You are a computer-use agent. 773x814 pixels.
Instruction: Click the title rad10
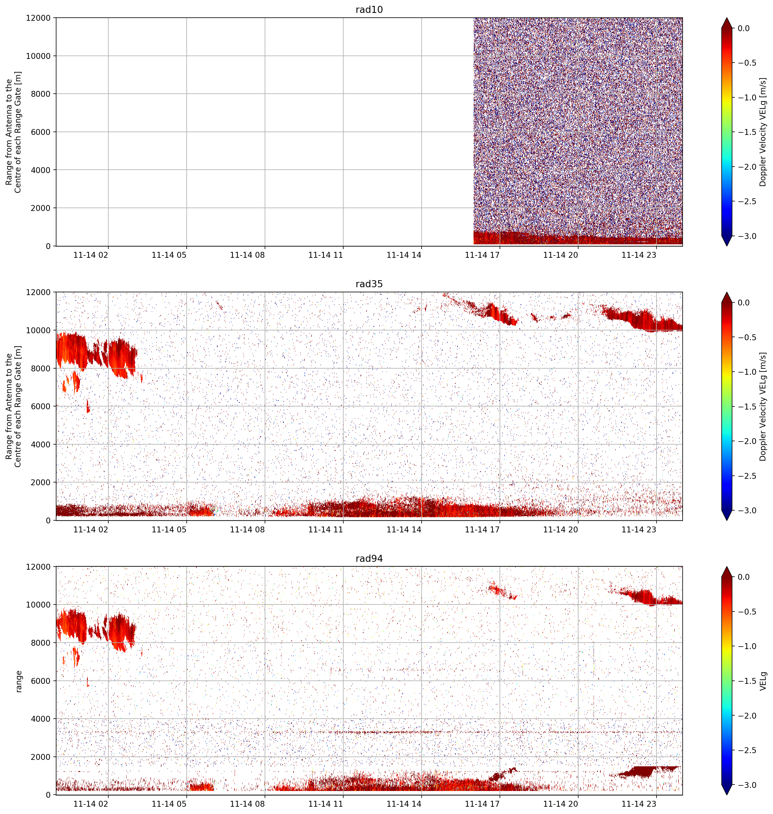pyautogui.click(x=369, y=10)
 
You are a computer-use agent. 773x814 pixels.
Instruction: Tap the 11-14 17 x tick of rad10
pyautogui.click(x=482, y=255)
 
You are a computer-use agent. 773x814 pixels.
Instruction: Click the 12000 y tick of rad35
pyautogui.click(x=39, y=292)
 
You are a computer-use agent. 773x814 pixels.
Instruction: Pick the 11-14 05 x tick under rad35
pyautogui.click(x=169, y=530)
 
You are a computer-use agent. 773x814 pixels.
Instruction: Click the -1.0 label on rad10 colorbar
pyautogui.click(x=747, y=98)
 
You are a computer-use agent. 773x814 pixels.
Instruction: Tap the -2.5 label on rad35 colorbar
pyautogui.click(x=747, y=475)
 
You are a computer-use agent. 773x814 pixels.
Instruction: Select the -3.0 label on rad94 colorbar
pyautogui.click(x=747, y=785)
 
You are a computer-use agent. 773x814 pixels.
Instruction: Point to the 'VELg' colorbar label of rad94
pyautogui.click(x=763, y=681)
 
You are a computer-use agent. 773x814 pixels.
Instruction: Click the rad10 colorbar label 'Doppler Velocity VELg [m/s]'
pyautogui.click(x=763, y=132)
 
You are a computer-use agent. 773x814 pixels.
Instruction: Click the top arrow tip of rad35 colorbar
pyautogui.click(x=727, y=292)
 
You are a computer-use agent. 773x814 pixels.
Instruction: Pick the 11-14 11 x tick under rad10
pyautogui.click(x=326, y=255)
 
